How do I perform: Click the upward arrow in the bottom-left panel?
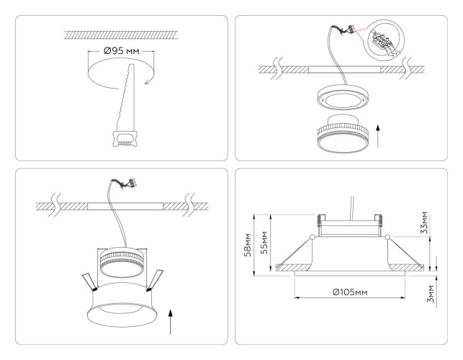tap(171, 320)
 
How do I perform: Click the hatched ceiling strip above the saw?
tap(122, 33)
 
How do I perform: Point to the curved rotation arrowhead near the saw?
tap(147, 81)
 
